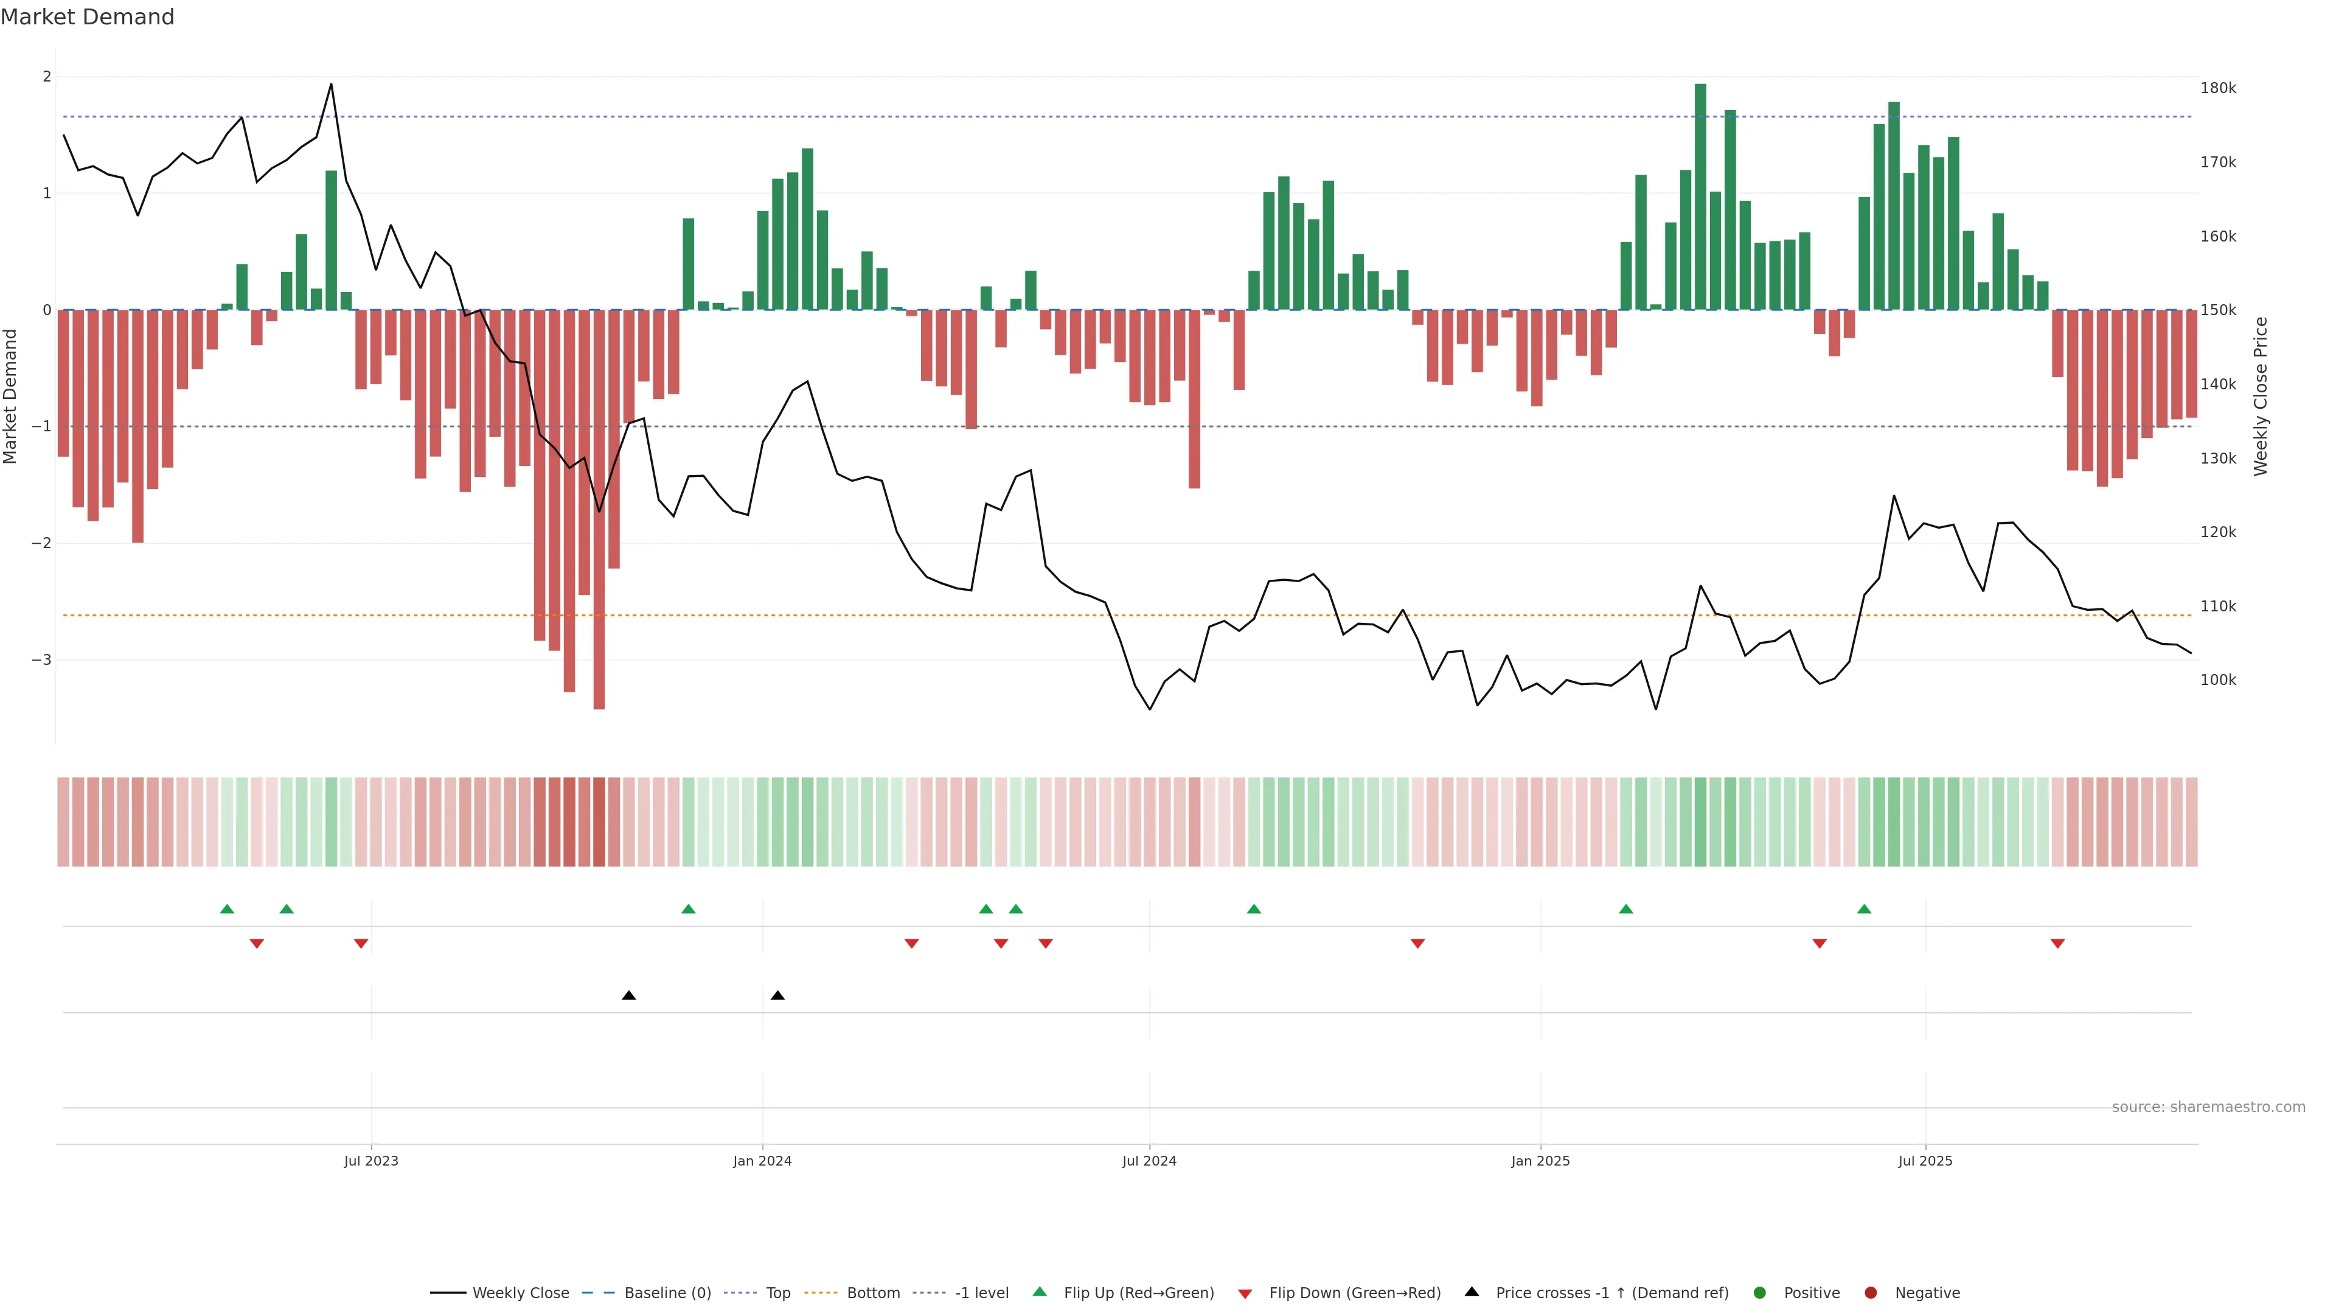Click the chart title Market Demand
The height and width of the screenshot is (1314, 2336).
pos(87,17)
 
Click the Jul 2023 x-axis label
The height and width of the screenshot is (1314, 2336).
pos(371,1161)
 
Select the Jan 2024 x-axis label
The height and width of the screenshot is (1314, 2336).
pos(762,1161)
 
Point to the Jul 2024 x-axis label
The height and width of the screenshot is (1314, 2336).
pos(1149,1161)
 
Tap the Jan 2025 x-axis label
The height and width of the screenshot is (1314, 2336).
pos(1540,1161)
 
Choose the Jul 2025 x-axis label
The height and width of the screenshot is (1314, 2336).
pos(1925,1161)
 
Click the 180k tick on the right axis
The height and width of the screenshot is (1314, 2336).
pos(2217,88)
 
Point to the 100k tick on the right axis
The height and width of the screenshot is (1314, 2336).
pos(2217,680)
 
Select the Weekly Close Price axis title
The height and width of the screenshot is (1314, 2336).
pos(2260,396)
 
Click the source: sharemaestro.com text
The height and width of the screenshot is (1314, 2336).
pos(2208,1107)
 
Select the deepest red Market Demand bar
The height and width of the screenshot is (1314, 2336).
pos(599,509)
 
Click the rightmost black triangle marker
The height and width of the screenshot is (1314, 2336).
pos(777,996)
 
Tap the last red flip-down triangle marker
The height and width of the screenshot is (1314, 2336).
pos(2057,944)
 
